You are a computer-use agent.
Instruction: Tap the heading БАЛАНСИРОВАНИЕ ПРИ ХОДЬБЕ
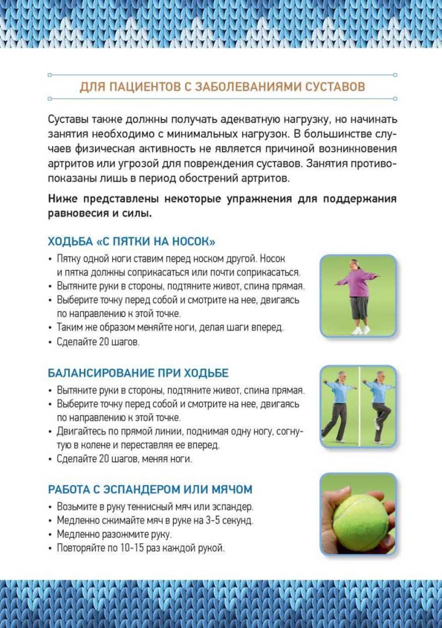[x=138, y=373]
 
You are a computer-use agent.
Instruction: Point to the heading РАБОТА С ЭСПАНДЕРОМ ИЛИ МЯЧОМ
[x=150, y=489]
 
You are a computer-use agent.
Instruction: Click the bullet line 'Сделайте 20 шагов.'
[x=98, y=342]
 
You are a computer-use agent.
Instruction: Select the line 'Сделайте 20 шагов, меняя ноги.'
[x=124, y=459]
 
